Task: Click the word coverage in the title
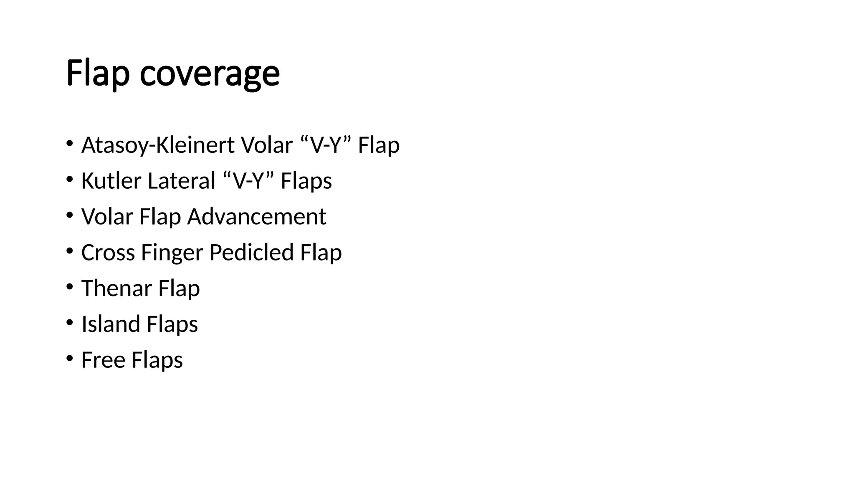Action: [210, 74]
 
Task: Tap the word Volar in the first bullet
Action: [266, 145]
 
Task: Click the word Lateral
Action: [182, 181]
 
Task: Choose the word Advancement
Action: [256, 217]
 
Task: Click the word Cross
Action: [108, 253]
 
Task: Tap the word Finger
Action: [172, 253]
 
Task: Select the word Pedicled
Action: [251, 253]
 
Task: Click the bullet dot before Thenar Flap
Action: [69, 287]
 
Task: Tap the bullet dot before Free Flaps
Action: [69, 359]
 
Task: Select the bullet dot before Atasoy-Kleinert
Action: [69, 144]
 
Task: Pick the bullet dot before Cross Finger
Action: [69, 251]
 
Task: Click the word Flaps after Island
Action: [172, 324]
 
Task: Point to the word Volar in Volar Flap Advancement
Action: [107, 217]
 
